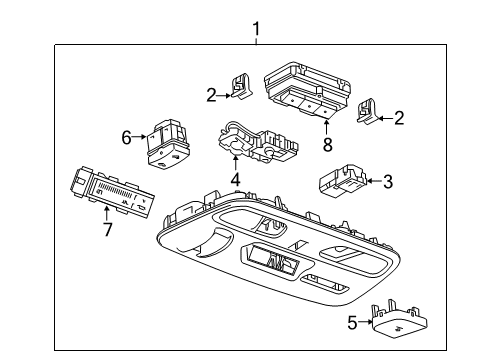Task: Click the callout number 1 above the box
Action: pyautogui.click(x=256, y=30)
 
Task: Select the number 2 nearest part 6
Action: pyautogui.click(x=211, y=95)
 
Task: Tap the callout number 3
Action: pyautogui.click(x=389, y=181)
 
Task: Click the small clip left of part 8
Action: pyautogui.click(x=242, y=88)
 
